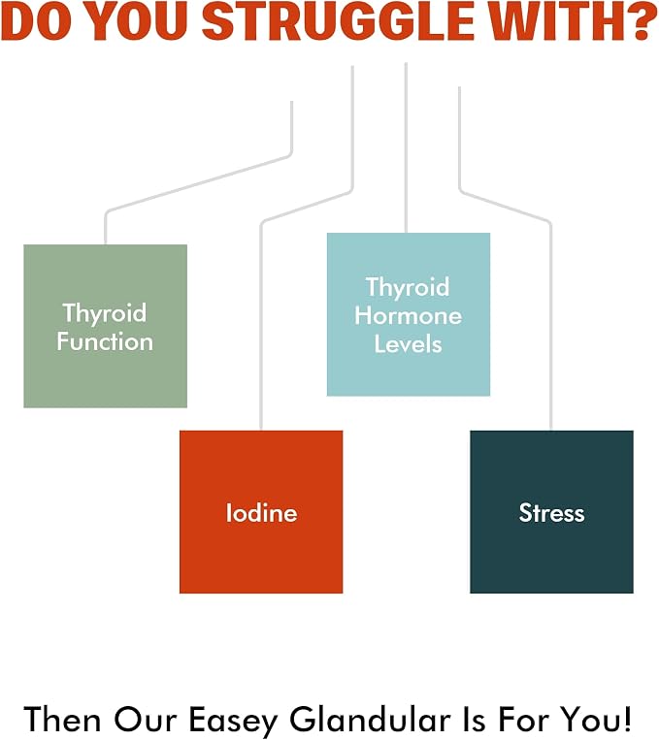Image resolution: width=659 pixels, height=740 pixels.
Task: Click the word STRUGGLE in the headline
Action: point(339,22)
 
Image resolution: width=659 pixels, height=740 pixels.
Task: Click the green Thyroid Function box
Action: point(106,326)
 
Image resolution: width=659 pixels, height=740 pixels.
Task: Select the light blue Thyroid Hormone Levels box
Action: point(409,314)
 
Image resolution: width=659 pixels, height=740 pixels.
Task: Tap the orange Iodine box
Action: point(261,511)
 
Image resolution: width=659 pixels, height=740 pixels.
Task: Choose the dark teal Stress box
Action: point(552,511)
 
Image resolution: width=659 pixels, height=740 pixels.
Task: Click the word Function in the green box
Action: point(106,341)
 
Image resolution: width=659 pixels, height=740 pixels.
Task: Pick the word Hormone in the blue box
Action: point(409,315)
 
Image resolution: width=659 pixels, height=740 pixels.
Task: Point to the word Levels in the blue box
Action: point(409,343)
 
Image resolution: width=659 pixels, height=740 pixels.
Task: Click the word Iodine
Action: point(262,512)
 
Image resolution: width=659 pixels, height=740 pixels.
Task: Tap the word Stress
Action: point(552,512)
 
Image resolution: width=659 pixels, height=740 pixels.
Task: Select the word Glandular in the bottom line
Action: point(370,721)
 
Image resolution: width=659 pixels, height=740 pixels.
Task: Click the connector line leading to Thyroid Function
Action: point(198,181)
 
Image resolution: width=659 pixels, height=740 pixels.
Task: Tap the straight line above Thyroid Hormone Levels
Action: point(407,147)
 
